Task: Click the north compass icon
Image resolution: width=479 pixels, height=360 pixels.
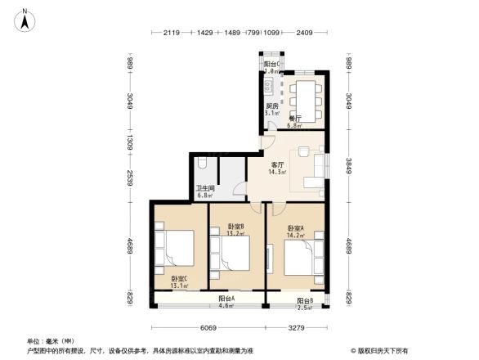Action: [x=26, y=19]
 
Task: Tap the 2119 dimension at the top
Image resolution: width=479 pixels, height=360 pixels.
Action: [x=171, y=33]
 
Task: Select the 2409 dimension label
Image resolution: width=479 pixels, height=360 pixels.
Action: [x=304, y=33]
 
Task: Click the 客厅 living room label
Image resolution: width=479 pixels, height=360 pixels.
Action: [x=277, y=164]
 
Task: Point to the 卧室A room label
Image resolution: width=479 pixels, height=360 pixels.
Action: [x=295, y=228]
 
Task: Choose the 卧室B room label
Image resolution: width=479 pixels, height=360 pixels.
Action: [x=236, y=226]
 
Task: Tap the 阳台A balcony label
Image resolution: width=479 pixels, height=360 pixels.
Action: [x=226, y=299]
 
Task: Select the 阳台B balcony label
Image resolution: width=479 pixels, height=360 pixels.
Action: [x=304, y=300]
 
